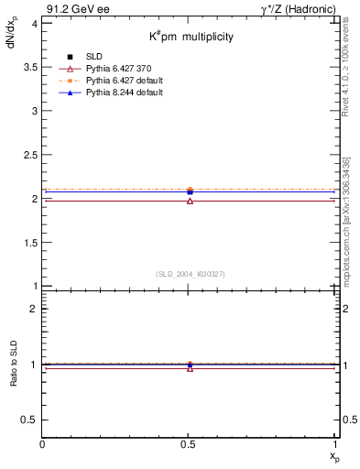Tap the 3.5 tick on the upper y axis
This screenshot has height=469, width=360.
click(30, 67)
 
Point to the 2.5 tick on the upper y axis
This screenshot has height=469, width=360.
click(30, 155)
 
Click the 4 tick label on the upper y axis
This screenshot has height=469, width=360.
click(34, 23)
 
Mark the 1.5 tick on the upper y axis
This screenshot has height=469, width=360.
click(30, 242)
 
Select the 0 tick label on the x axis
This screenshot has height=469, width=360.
click(42, 444)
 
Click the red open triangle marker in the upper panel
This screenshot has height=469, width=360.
click(190, 201)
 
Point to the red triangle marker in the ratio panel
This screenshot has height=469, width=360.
click(190, 368)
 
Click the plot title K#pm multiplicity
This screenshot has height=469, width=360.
click(192, 38)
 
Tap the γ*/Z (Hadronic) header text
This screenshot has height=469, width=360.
click(298, 8)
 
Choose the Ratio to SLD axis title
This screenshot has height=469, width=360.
click(14, 378)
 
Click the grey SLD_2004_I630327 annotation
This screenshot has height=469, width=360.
click(191, 274)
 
